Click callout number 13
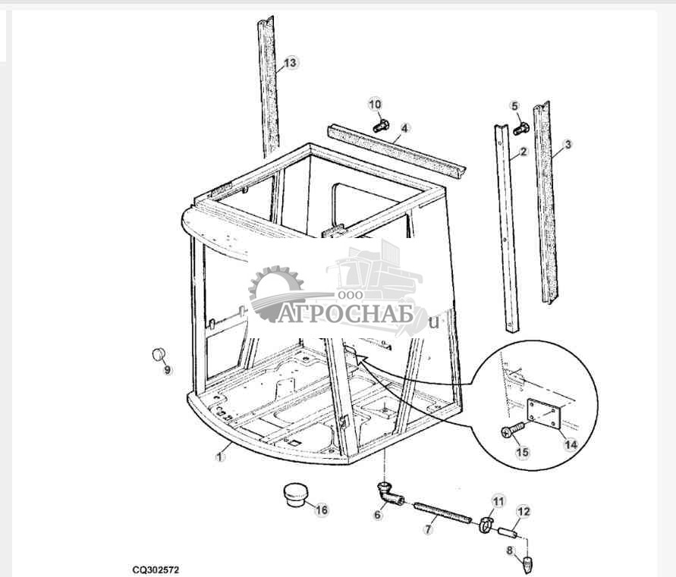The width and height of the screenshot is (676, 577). pos(290,63)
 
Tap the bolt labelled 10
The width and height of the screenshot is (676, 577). pos(381,126)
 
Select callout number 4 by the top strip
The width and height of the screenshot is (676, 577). pos(404,128)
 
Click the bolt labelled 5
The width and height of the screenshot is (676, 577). pos(521,128)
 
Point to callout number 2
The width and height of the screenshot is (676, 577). pos(524,152)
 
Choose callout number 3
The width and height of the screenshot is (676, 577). pos(568,145)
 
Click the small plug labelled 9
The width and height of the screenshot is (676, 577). pos(159,354)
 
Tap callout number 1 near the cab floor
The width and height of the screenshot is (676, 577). pos(220,456)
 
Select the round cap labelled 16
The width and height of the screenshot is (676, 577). pos(294,495)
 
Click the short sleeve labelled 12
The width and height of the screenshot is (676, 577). pos(508,533)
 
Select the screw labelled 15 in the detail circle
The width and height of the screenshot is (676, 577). pos(512,431)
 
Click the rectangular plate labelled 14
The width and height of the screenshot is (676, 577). pos(543,413)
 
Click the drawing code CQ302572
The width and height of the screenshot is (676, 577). pos(156,569)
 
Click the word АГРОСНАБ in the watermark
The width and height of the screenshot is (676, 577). pos(344,313)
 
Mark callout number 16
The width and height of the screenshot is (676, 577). pos(322,510)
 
